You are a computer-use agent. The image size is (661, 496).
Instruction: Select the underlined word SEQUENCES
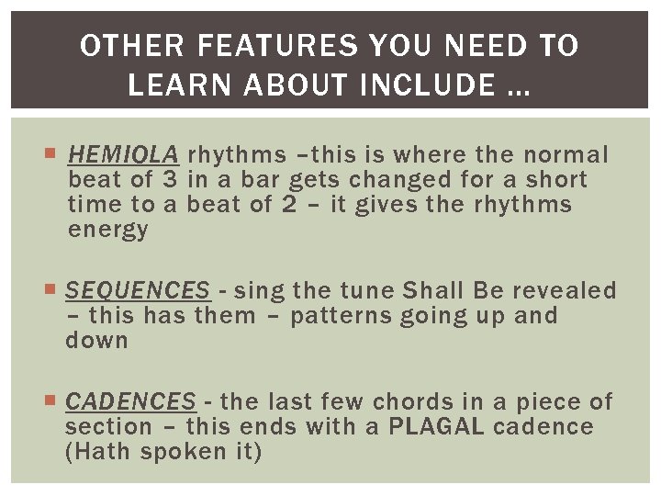[138, 291]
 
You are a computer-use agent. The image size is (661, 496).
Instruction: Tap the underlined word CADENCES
[130, 401]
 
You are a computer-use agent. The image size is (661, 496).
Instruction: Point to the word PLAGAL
[438, 427]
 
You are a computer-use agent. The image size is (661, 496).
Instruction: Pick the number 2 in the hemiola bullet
[289, 205]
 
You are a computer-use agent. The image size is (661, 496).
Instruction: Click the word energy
[107, 231]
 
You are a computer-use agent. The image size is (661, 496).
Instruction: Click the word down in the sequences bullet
[96, 341]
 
